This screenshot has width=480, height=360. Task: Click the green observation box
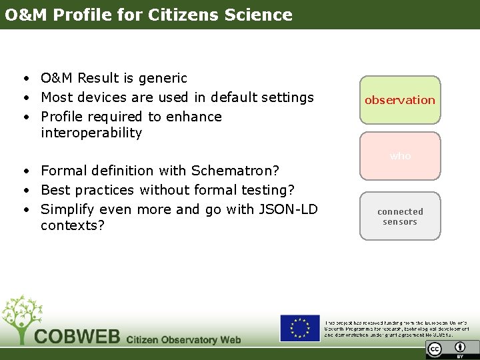coord(400,100)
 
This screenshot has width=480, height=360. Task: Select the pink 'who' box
coord(400,156)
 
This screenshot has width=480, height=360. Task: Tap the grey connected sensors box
coord(400,216)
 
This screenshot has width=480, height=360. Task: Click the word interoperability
coord(91,133)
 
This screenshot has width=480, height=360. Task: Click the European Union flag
coord(299,329)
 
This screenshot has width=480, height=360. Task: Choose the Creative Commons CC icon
coord(435,348)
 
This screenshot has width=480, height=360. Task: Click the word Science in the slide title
coord(257,15)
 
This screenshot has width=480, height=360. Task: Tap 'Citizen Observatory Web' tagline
coord(183,339)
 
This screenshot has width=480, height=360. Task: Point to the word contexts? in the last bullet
coord(73,225)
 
